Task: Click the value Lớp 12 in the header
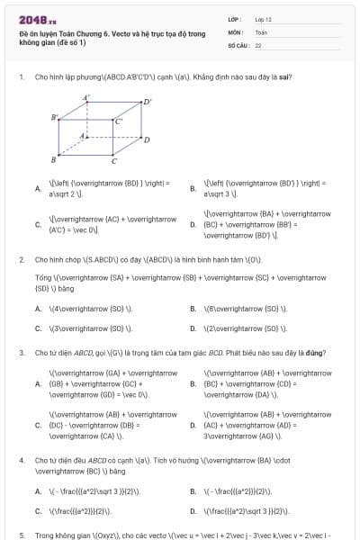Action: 263,19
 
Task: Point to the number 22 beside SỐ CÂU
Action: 258,44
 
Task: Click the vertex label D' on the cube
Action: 148,102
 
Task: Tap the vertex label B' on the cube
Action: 54,117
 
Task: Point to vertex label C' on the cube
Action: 119,121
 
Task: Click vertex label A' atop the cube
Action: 86,97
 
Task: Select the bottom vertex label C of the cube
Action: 113,162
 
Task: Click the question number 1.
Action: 21,76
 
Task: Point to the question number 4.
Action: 21,460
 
